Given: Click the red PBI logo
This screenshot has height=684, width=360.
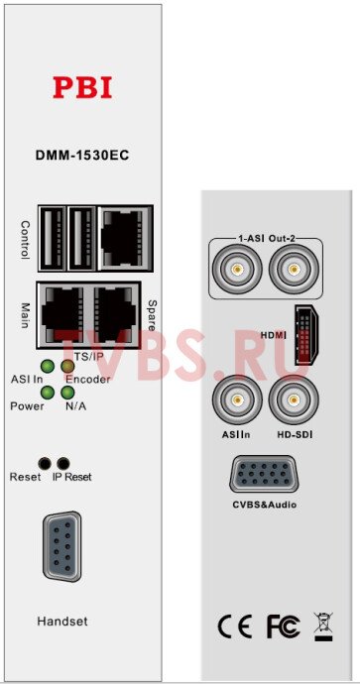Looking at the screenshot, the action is coord(82,87).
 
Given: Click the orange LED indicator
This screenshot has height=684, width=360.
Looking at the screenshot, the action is coord(67,368).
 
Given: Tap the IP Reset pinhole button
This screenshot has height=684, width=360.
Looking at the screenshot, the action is coord(65,463).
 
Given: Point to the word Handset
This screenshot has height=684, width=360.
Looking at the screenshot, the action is coord(62,622).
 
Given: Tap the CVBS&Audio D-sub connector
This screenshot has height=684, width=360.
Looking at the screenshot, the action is coord(261,476).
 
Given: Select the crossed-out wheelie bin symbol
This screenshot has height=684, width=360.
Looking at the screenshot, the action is coord(322,626).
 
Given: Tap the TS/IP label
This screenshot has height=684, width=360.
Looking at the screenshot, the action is coord(89,355).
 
